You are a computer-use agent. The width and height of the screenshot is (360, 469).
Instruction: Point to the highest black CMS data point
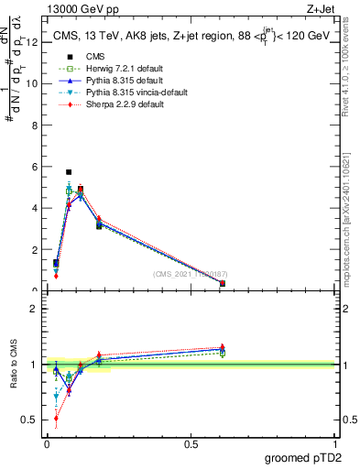tap(69, 171)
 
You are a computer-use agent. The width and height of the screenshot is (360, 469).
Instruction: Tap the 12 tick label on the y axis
tap(34, 41)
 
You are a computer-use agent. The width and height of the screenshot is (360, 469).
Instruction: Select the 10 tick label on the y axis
tap(34, 83)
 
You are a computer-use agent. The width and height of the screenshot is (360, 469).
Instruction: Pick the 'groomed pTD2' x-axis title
tap(304, 458)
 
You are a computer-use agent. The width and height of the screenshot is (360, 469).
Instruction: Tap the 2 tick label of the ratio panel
tap(35, 309)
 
